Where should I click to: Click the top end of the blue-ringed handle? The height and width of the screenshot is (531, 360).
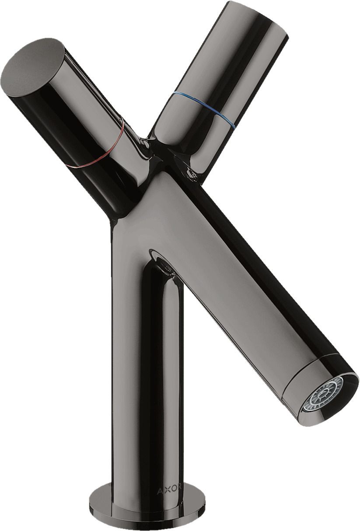tap(259, 17)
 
